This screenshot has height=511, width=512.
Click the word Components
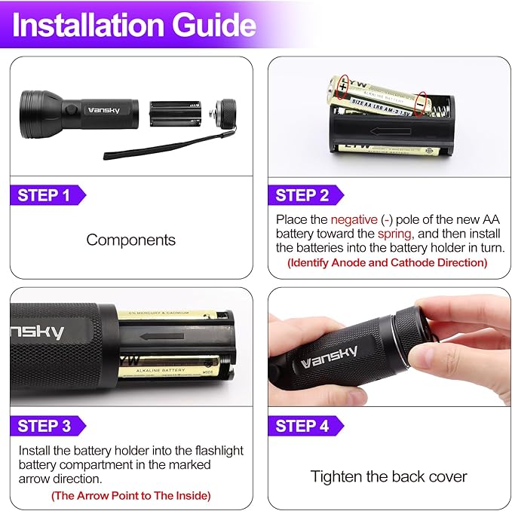130,240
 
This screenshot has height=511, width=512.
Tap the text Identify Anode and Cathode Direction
387,262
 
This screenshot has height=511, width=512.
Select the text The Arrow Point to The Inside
130,495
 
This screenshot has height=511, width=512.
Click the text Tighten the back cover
388,476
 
